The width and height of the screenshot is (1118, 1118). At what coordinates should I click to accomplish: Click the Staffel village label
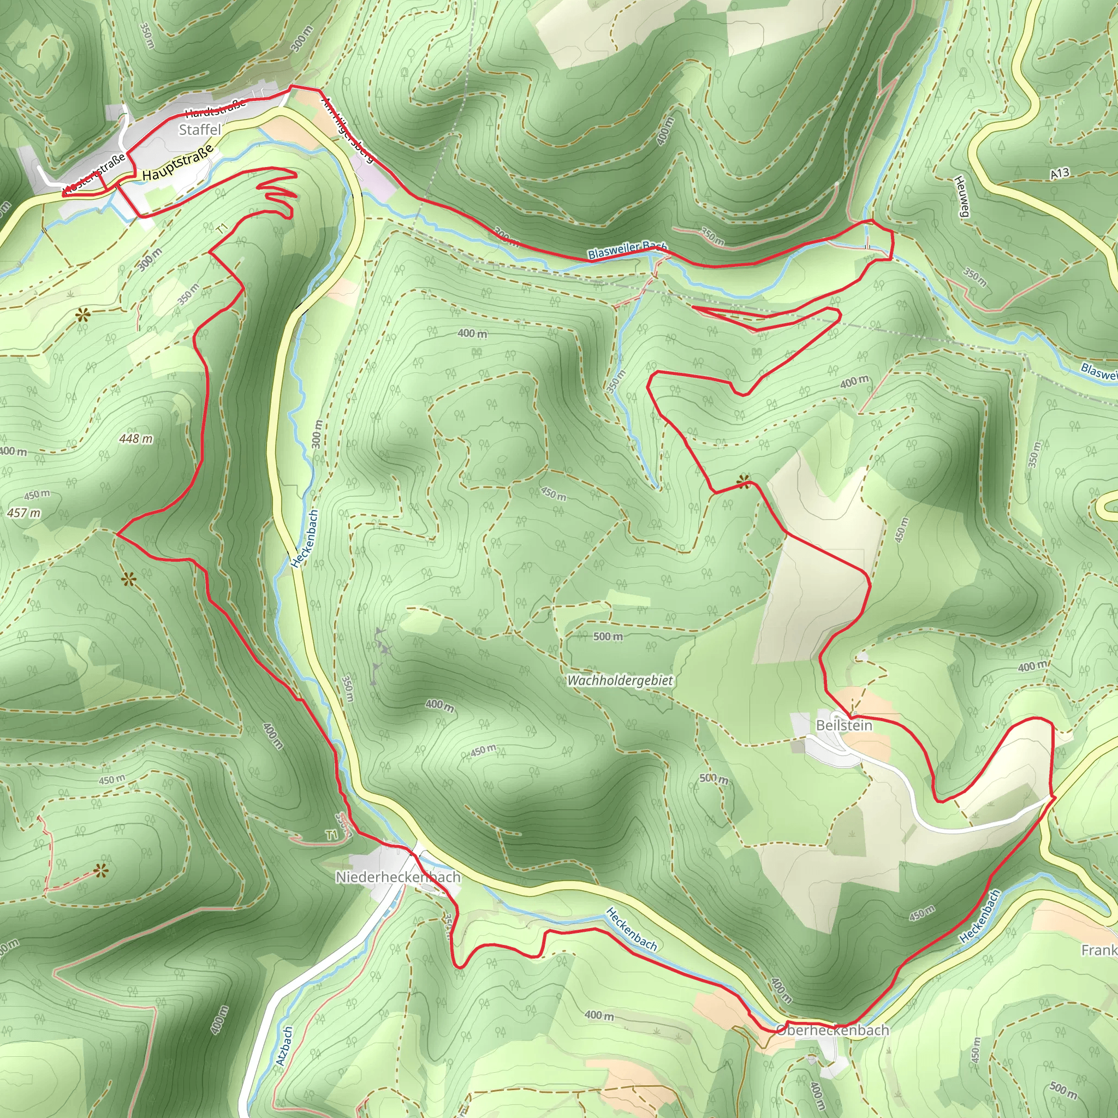point(200,129)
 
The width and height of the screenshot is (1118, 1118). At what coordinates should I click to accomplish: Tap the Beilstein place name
point(844,725)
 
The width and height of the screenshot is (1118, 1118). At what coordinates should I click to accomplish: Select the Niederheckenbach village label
point(398,877)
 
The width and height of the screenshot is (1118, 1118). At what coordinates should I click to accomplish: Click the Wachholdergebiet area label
point(620,681)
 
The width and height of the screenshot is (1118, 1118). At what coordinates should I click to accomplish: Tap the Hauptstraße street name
point(178,163)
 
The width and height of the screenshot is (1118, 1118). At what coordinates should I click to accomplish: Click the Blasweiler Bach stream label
point(627,250)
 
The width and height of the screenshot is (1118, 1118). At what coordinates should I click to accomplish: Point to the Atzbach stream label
point(284,1046)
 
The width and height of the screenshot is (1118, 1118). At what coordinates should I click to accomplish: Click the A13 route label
point(1060,173)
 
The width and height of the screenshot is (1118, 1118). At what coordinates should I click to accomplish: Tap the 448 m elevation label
point(136,439)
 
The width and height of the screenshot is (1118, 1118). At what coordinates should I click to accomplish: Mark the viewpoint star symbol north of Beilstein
point(743,480)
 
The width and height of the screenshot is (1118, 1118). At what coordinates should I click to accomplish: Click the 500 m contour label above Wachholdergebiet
point(608,637)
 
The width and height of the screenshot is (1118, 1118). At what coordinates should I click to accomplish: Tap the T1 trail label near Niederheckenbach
point(331,835)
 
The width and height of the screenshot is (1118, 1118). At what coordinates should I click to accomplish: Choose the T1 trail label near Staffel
point(223,229)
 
